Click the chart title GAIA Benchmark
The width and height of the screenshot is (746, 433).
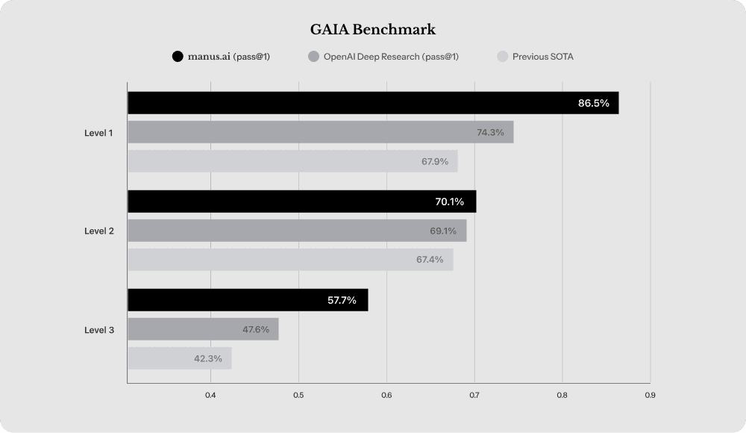coord(373,30)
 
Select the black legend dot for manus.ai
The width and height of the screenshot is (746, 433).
coord(178,57)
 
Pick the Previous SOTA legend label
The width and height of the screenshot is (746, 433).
coord(542,57)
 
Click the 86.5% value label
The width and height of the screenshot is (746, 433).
coord(594,103)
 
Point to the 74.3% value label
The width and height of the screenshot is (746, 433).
coord(490,132)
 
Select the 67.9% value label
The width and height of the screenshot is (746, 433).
coord(435,161)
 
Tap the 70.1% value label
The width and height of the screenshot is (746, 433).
coord(449,202)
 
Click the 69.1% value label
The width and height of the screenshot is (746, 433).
coord(443,231)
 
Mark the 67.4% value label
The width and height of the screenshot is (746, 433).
coord(430,260)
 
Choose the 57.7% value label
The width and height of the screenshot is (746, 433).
coord(342,300)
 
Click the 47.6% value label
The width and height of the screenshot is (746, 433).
coord(256,329)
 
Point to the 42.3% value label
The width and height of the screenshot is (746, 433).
coord(208,358)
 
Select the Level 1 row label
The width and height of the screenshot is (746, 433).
coord(99,133)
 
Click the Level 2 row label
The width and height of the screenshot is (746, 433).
coord(99,231)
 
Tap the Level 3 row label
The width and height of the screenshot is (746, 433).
coord(99,329)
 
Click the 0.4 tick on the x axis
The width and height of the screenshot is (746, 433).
coord(210,395)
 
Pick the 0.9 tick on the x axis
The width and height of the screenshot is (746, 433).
coord(650,395)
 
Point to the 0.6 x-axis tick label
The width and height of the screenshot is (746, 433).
coord(386,395)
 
